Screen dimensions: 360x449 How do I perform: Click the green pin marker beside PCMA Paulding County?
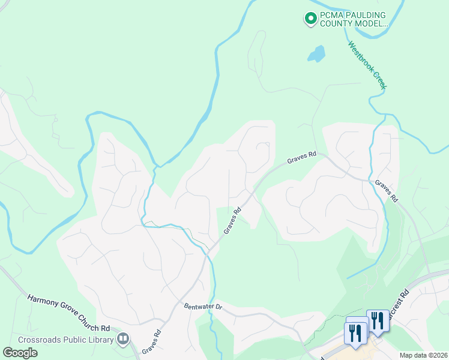[311, 19]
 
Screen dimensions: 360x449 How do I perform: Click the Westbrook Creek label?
[367, 65]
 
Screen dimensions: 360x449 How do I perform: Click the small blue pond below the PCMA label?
[316, 54]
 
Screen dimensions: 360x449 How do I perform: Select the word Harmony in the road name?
[43, 301]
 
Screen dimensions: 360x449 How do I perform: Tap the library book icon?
[123, 340]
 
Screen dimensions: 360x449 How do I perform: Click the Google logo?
[20, 352]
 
